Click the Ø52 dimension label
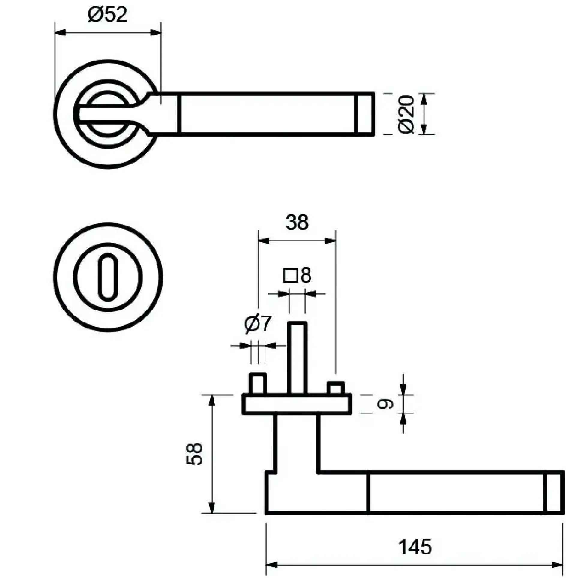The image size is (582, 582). click(107, 14)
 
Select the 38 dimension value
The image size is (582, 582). click(297, 223)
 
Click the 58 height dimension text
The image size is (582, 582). click(194, 454)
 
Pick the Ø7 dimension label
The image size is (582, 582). click(258, 324)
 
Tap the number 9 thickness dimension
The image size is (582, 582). click(385, 404)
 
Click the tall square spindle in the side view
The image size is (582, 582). click(297, 358)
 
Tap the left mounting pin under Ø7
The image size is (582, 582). click(258, 383)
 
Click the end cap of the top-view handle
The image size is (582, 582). click(364, 114)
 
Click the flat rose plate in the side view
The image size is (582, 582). click(297, 404)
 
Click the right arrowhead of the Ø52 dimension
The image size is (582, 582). click(155, 32)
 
